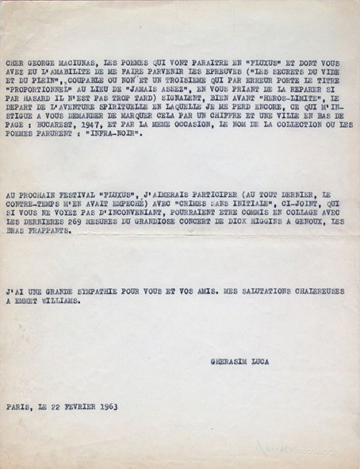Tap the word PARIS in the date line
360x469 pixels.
pyautogui.click(x=20, y=407)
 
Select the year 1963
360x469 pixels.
pyautogui.click(x=104, y=407)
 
